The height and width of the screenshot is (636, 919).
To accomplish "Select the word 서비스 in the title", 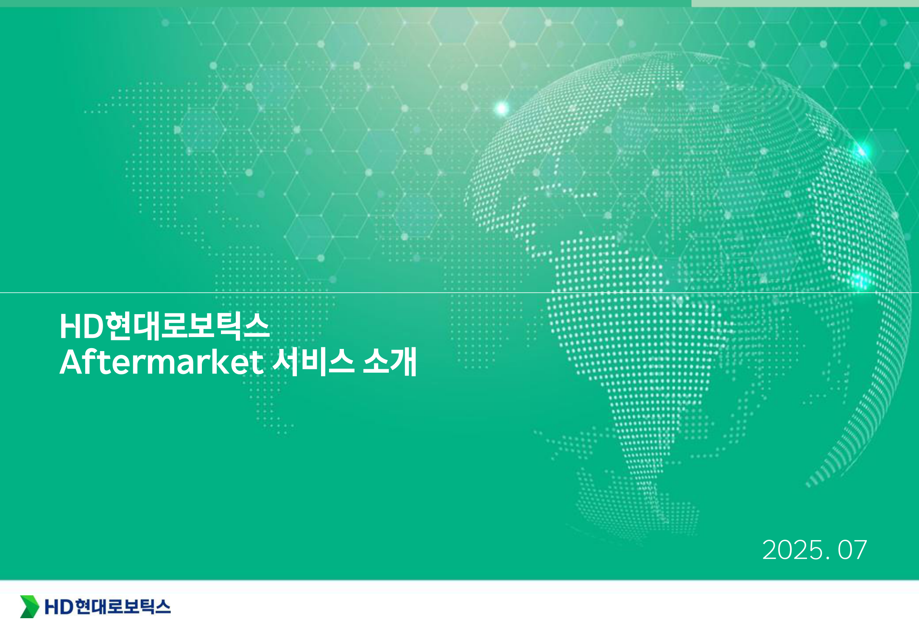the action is click(313, 361).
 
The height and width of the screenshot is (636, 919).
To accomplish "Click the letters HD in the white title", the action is click(82, 326).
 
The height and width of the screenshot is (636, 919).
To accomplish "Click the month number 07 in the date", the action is click(852, 550).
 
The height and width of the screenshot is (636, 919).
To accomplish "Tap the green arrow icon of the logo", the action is click(30, 606).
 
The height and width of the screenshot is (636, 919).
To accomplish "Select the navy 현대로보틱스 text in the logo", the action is click(123, 607).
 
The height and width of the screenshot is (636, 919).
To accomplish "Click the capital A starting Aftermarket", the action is click(73, 363).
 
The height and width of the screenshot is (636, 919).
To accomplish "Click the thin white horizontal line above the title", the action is click(459, 293).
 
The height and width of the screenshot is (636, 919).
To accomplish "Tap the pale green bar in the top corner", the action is click(805, 3).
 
